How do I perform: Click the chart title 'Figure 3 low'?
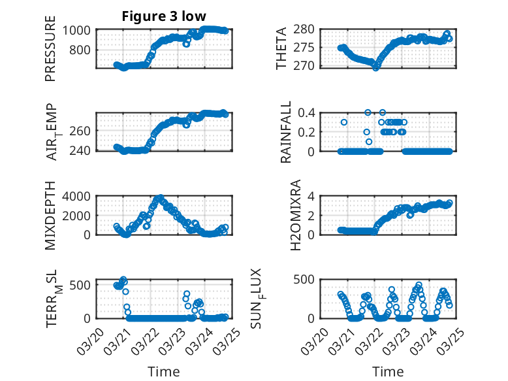coord(164,16)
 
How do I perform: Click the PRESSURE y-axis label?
coord(50,48)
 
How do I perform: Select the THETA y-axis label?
coord(281,48)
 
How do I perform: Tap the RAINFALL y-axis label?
coord(286,132)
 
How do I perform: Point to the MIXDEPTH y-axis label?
coord(50,216)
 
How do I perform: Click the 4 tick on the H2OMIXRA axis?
coord(313,196)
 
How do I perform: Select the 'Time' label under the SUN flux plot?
coord(388,372)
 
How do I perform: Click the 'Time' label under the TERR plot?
coord(164,372)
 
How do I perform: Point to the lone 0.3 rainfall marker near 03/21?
coord(344,122)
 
